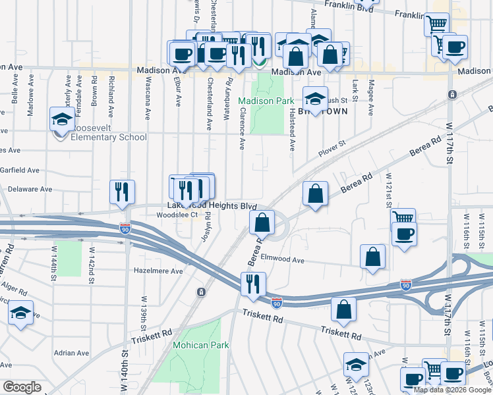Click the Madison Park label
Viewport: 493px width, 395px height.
tap(266, 101)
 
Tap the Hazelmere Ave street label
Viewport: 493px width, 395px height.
tap(158, 271)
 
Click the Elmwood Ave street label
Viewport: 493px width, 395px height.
tap(283, 260)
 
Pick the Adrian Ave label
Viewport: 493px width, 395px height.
tap(71, 353)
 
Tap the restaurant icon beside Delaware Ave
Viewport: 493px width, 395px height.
tap(122, 192)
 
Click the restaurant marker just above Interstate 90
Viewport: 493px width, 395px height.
tap(253, 284)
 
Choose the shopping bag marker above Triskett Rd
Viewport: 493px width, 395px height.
tap(343, 308)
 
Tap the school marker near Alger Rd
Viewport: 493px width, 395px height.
tap(21, 313)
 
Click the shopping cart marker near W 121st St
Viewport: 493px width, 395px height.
tap(403, 217)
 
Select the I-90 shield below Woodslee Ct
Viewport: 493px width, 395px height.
tap(125, 228)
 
